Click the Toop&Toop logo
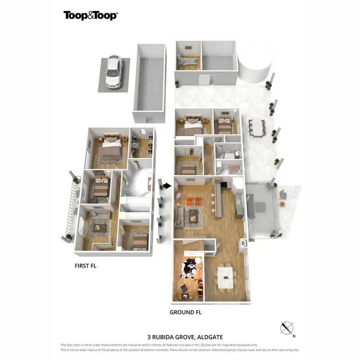(90, 15)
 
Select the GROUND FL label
(185, 312)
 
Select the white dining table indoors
(225, 278)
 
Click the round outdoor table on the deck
(282, 204)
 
